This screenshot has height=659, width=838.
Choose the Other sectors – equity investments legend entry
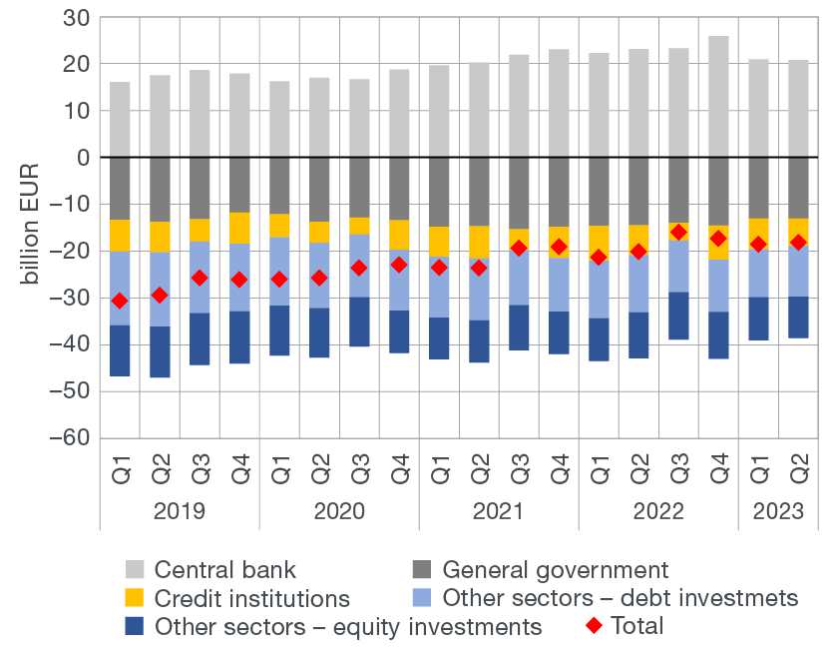(x=333, y=626)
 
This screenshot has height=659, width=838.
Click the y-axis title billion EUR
(x=32, y=229)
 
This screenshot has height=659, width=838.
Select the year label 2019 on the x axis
(x=180, y=511)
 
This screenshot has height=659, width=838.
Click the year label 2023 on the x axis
(x=778, y=511)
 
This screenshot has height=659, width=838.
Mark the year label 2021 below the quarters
(x=499, y=511)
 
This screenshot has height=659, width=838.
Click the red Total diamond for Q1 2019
(x=120, y=301)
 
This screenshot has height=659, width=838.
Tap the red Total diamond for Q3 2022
(x=678, y=232)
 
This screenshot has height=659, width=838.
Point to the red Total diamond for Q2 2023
(x=798, y=242)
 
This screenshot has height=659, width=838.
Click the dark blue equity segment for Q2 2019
(x=160, y=351)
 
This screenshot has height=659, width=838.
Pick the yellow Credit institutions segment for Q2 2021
(x=479, y=243)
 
